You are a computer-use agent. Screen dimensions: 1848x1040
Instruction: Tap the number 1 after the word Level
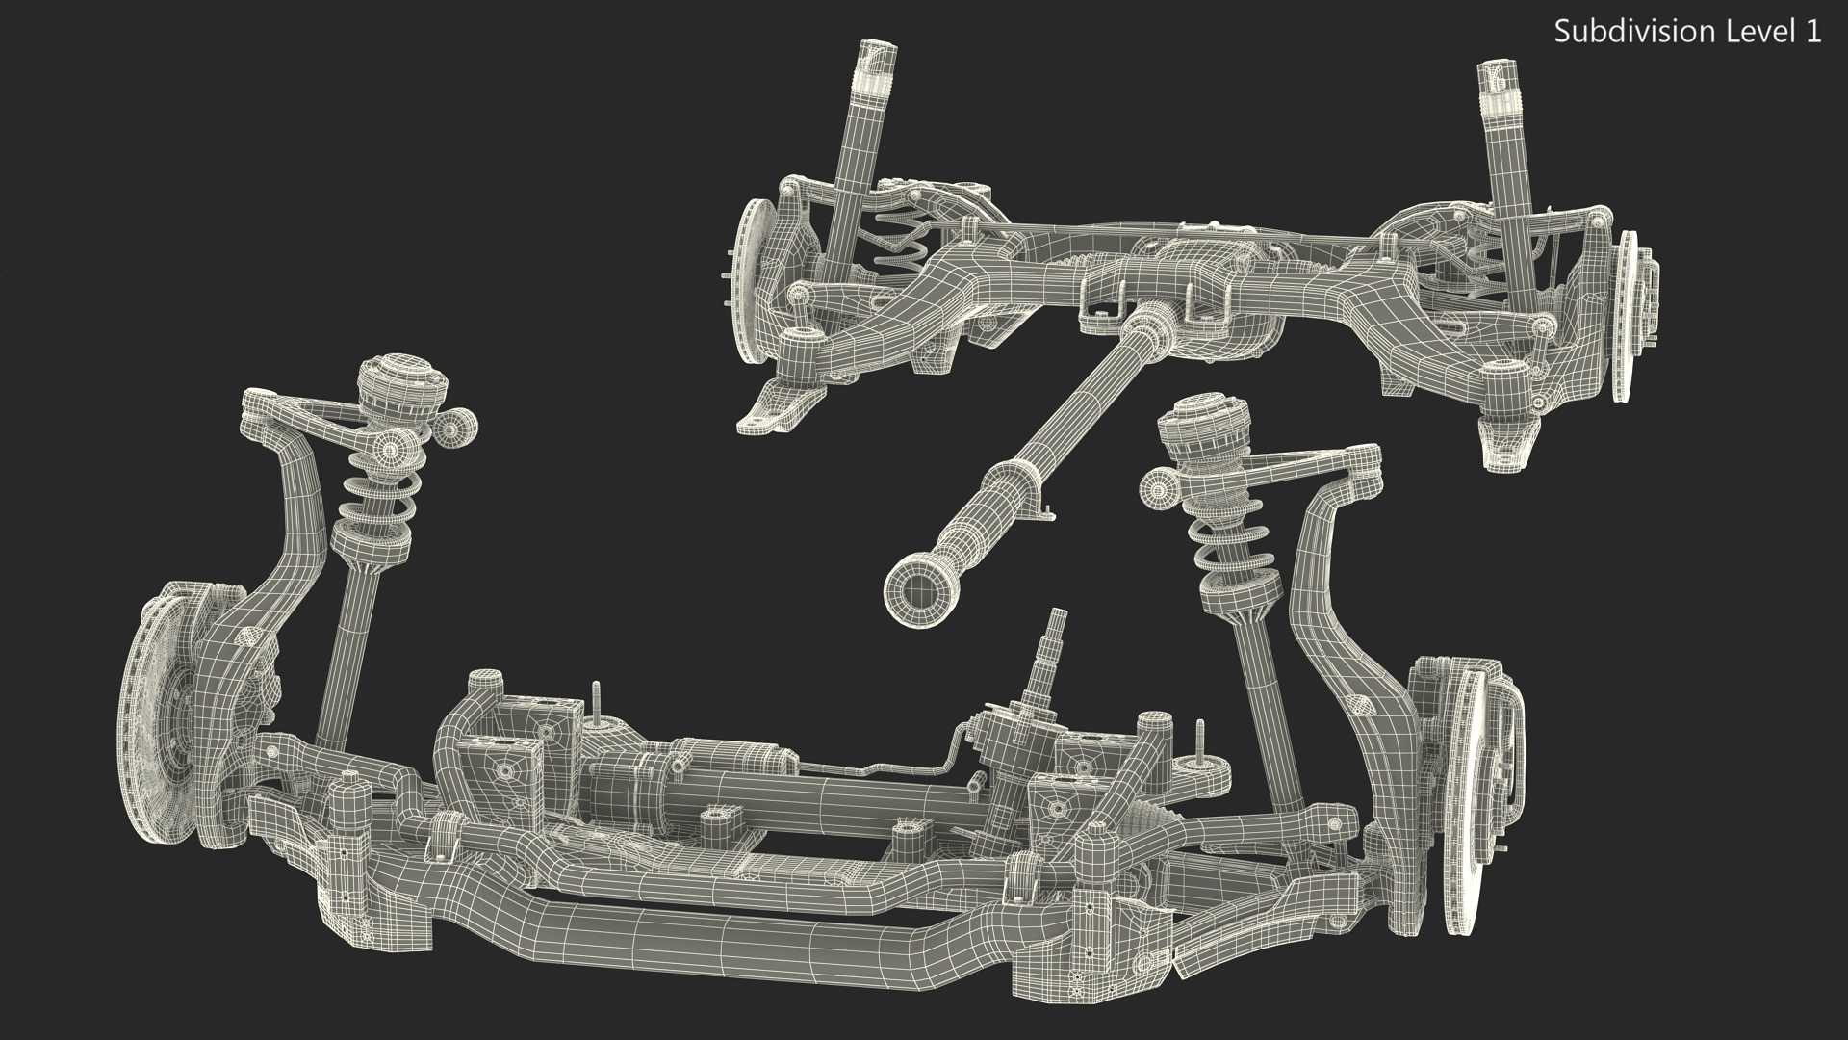coord(1812,32)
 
